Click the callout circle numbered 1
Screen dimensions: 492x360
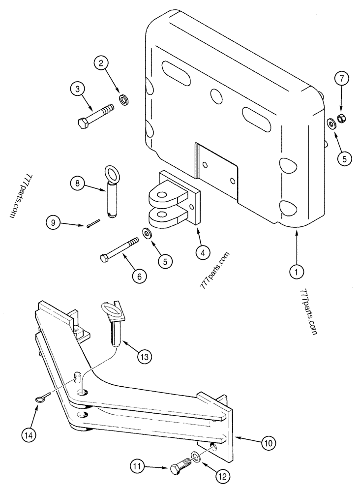click(297, 270)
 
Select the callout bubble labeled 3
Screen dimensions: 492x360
click(77, 90)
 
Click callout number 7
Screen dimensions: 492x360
click(341, 79)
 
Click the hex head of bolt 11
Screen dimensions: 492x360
click(177, 470)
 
